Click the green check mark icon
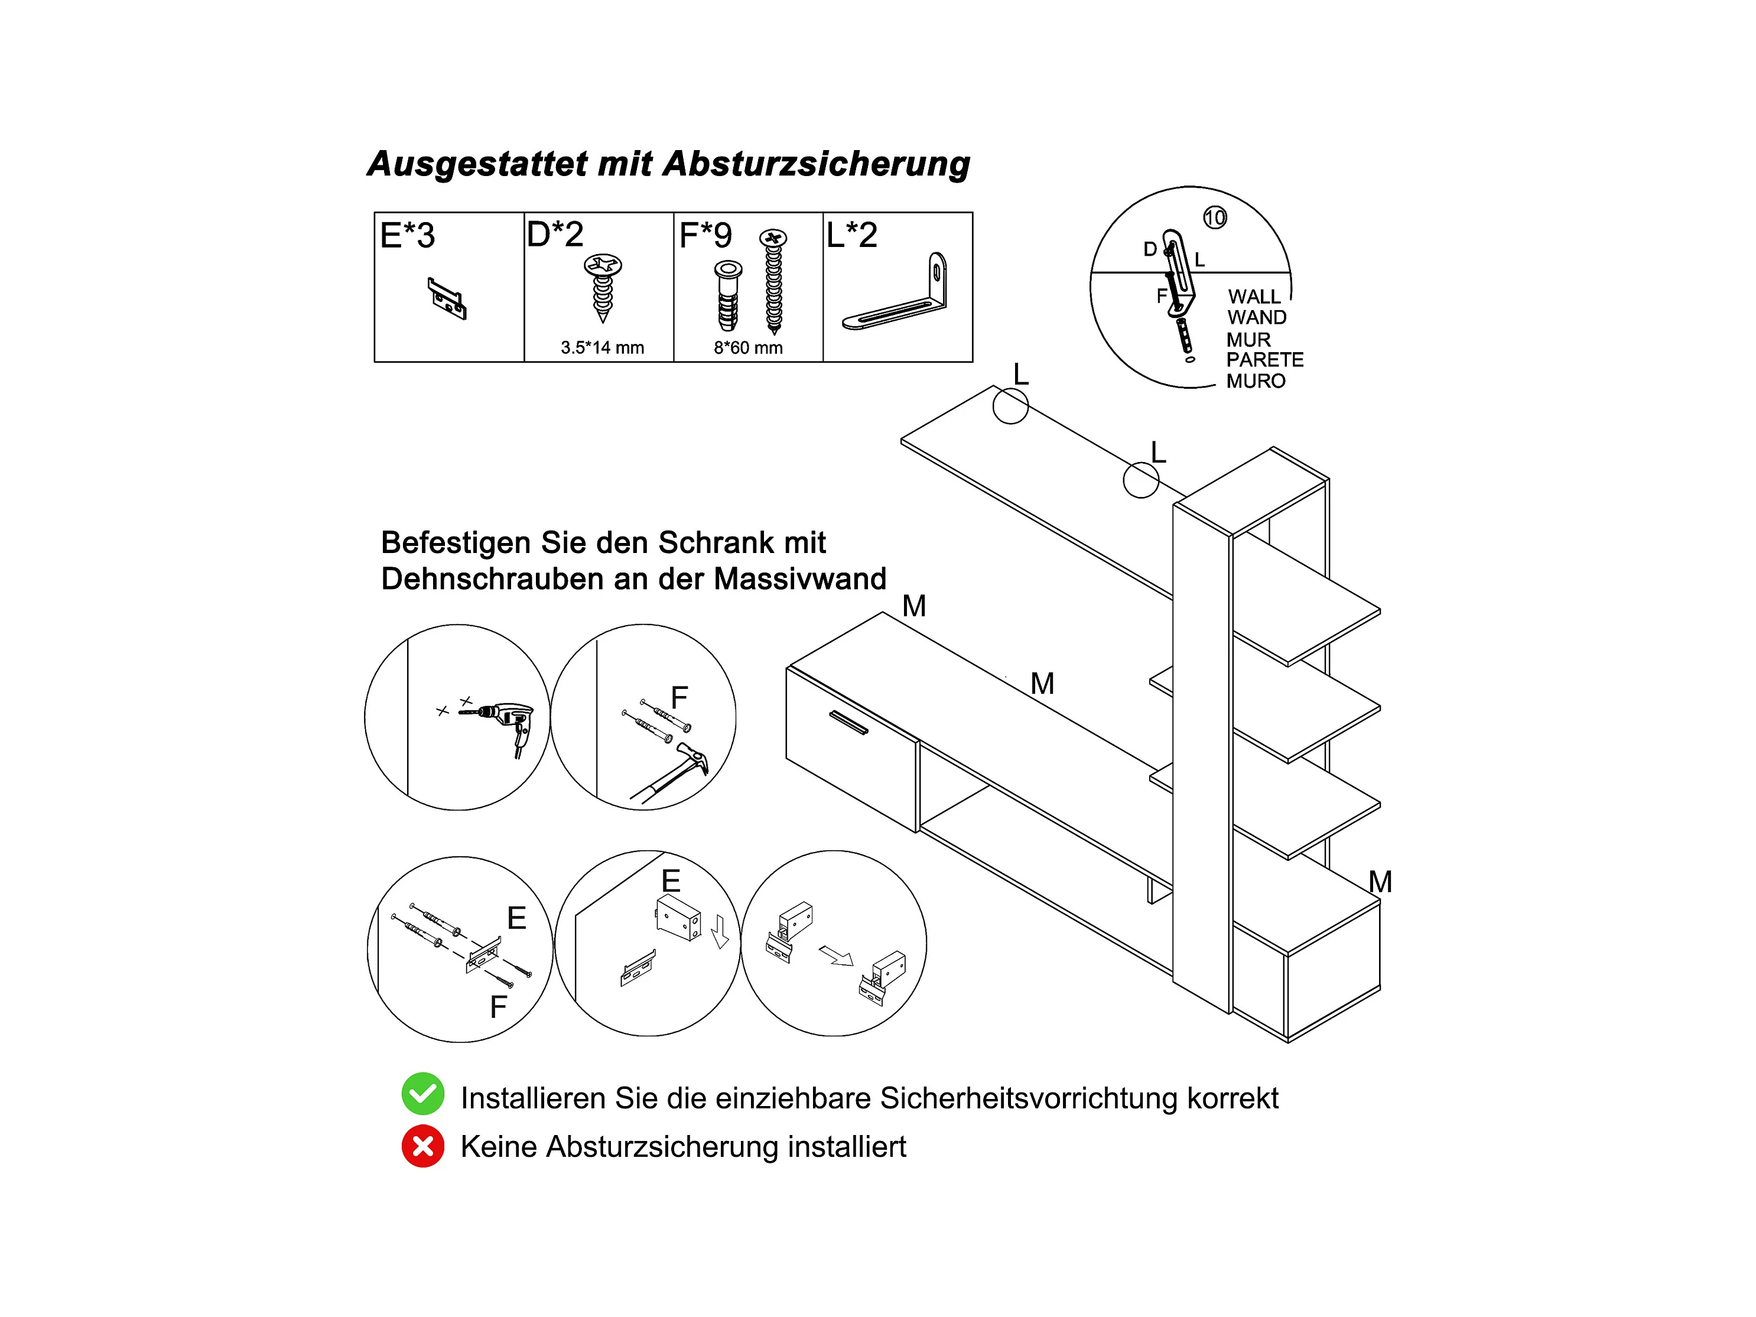click(x=422, y=1094)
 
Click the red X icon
click(x=422, y=1146)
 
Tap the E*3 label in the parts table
click(x=407, y=236)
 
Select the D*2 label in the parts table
click(x=555, y=234)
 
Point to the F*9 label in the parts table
click(x=705, y=235)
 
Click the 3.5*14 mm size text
click(x=601, y=347)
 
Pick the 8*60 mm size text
click(x=748, y=347)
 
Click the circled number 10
click(x=1215, y=217)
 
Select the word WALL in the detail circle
click(x=1254, y=297)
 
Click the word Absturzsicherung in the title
click(x=816, y=164)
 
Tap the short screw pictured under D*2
click(x=603, y=286)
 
